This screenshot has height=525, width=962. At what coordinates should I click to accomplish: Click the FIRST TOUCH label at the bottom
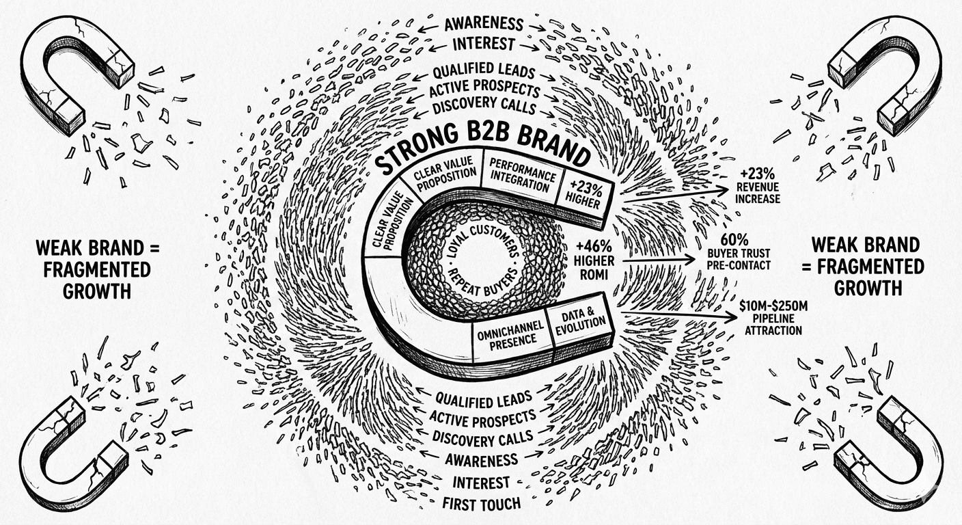coord(482,504)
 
